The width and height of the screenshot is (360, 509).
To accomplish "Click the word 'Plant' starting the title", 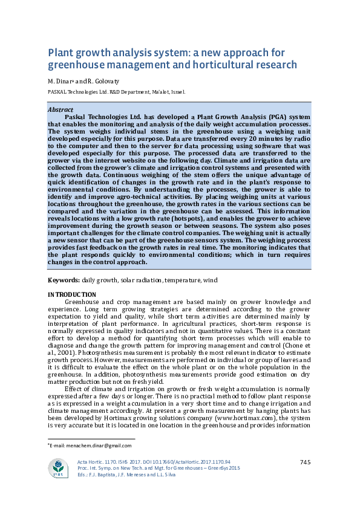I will pos(62,52).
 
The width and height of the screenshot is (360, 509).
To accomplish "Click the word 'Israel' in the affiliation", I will pos(175,92).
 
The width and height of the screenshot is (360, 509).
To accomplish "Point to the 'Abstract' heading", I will pos(61,110).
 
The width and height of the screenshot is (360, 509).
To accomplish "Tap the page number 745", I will pos(305,462).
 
